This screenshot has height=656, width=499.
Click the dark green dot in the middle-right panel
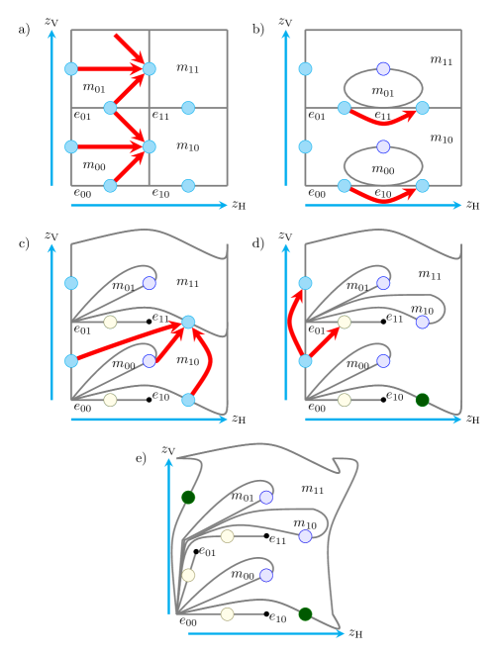[x=423, y=400]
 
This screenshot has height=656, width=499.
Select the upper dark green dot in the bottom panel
[x=188, y=497]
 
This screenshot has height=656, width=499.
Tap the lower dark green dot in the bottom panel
[x=305, y=614]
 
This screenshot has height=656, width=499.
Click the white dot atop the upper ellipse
[x=383, y=68]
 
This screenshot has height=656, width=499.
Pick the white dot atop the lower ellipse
[x=383, y=146]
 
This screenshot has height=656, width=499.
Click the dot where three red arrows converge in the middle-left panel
[x=188, y=322]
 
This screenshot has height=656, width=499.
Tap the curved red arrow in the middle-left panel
[x=207, y=362]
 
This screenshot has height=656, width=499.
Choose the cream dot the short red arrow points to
[x=344, y=322]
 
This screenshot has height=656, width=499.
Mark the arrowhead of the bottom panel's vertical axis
[x=169, y=461]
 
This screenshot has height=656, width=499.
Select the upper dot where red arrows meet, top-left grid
[x=150, y=68]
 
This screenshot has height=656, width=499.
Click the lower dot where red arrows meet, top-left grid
[x=150, y=146]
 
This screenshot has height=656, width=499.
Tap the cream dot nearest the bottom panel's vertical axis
[x=188, y=575]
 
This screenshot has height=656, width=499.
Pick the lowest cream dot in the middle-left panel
[x=110, y=400]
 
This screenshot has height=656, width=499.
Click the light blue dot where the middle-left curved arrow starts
[x=188, y=400]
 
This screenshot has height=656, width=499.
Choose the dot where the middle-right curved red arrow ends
[x=305, y=283]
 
